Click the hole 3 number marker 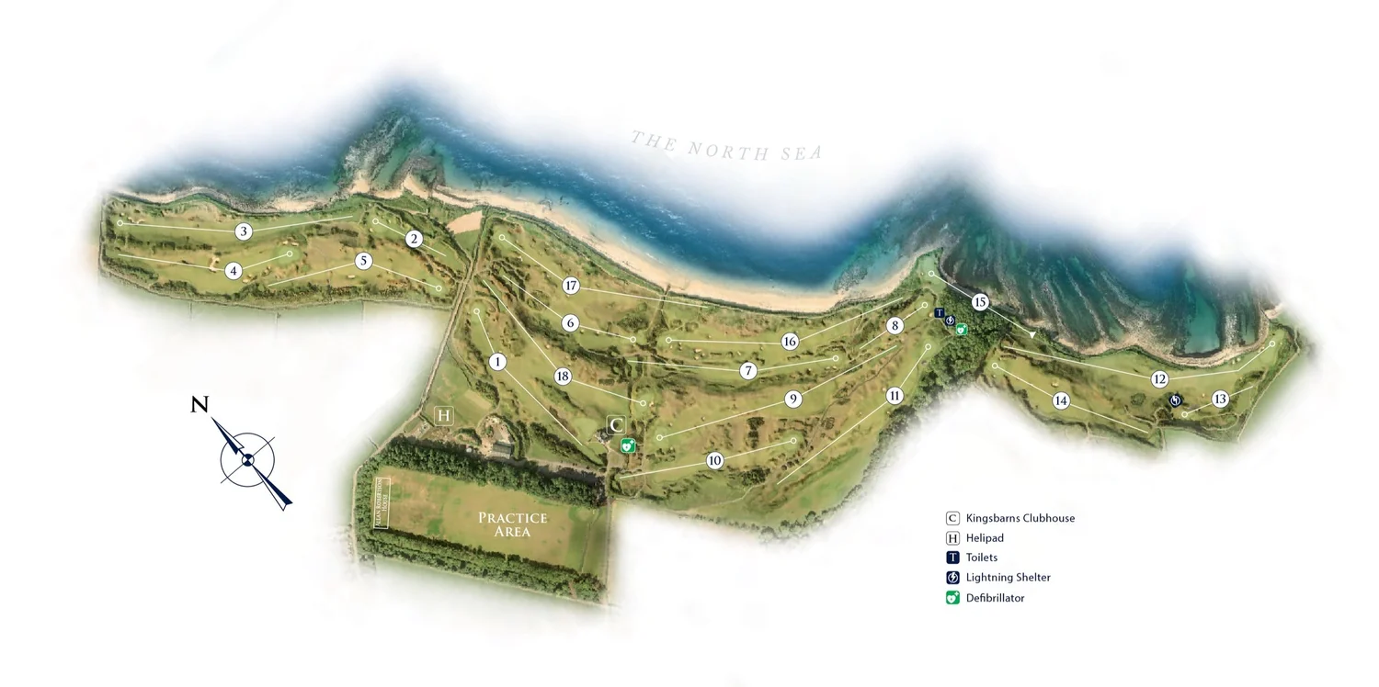click(x=244, y=231)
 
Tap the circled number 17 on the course click(x=571, y=286)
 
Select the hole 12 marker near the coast click(x=1159, y=378)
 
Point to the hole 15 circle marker click(x=979, y=302)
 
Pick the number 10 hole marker click(x=715, y=460)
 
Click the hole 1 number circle click(x=497, y=362)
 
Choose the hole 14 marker click(x=1061, y=400)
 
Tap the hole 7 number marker click(x=747, y=371)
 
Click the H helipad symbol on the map click(x=444, y=416)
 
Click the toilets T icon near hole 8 click(x=940, y=313)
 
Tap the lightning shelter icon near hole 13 click(x=1175, y=400)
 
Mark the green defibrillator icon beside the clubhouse click(x=629, y=445)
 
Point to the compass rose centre click(x=247, y=460)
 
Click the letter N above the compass click(x=199, y=404)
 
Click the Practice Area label click(x=512, y=524)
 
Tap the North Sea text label click(x=726, y=147)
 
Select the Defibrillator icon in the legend click(x=952, y=598)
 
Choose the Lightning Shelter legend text click(x=1008, y=578)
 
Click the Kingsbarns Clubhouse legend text click(x=1020, y=518)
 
